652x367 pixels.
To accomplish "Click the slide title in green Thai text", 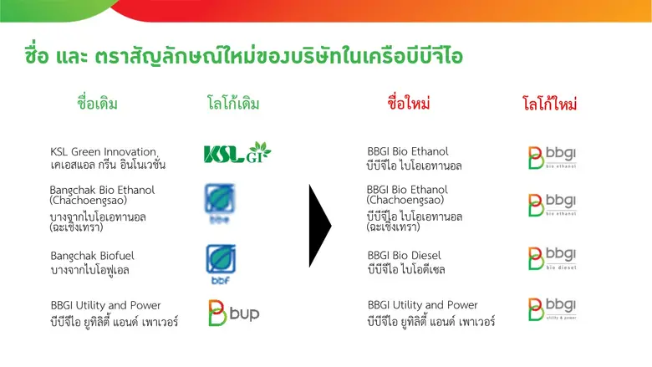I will pos(243,56).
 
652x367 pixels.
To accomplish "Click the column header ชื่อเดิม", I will pos(97,104).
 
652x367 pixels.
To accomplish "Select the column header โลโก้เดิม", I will pos(233,104).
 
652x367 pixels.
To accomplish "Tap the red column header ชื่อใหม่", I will pos(409,104).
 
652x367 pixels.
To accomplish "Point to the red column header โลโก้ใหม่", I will pos(550,105).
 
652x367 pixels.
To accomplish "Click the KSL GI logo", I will pos(237,154).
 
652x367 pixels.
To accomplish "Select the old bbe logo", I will pos(221,203).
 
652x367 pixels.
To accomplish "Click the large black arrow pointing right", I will pos(319,225).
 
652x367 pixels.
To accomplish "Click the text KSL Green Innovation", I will pos(103,151).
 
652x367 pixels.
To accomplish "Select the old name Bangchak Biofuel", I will pos(92,255).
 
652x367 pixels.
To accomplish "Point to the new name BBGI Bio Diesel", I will pos(404,255).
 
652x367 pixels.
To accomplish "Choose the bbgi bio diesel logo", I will pos(552,257).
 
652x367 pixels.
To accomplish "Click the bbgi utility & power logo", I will pos(552,309).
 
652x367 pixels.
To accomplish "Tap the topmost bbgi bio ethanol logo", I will pos(552,156).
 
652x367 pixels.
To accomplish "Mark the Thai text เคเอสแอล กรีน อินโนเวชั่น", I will pos(108,165).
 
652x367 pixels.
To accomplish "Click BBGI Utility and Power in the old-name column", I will pos(105,305).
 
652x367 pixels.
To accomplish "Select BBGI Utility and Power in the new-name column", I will pos(423,305).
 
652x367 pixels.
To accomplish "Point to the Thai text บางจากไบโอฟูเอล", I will pos(89,269).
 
